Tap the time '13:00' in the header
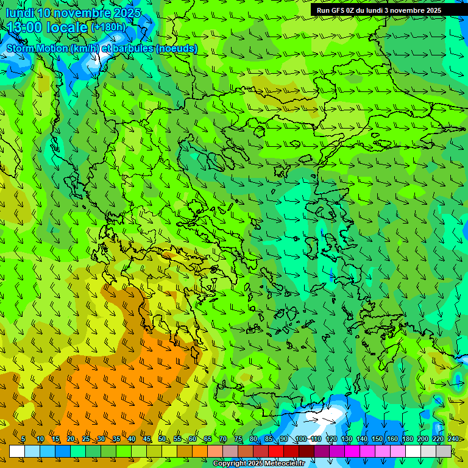[23, 27]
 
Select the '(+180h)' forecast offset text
[109, 27]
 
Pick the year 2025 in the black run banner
[432, 10]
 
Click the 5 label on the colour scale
[23, 439]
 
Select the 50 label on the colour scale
[162, 439]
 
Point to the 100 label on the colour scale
[300, 439]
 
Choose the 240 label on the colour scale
[453, 439]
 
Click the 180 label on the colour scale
[408, 439]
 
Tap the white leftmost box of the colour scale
[17, 451]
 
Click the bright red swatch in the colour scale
[276, 451]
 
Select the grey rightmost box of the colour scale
[444, 451]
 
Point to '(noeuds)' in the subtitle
[177, 48]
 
